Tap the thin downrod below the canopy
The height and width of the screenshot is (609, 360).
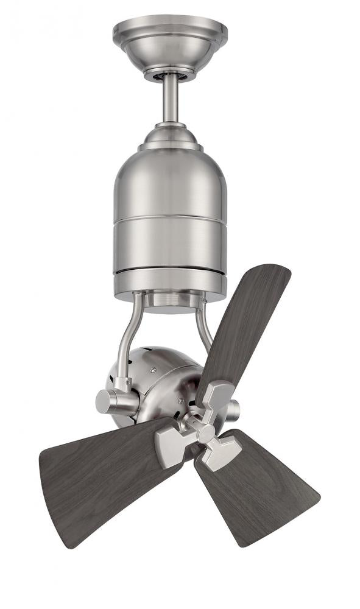click(171, 97)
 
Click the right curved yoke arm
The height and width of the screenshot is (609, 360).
click(204, 329)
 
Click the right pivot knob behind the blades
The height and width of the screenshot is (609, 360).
click(234, 410)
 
